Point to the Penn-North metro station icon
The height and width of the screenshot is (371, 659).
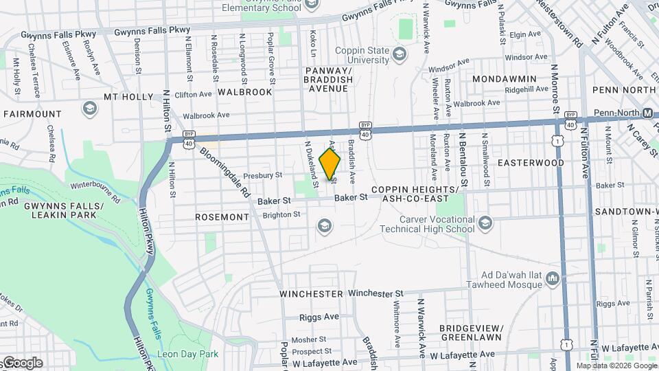(647, 113)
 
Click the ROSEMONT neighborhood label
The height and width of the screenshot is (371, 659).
(222, 217)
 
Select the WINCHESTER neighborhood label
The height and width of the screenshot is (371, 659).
(311, 293)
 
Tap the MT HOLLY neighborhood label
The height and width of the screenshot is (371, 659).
(128, 97)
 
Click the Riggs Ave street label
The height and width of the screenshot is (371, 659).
(319, 317)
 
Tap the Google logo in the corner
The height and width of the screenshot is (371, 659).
(22, 363)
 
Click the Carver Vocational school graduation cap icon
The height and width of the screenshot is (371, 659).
(485, 223)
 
